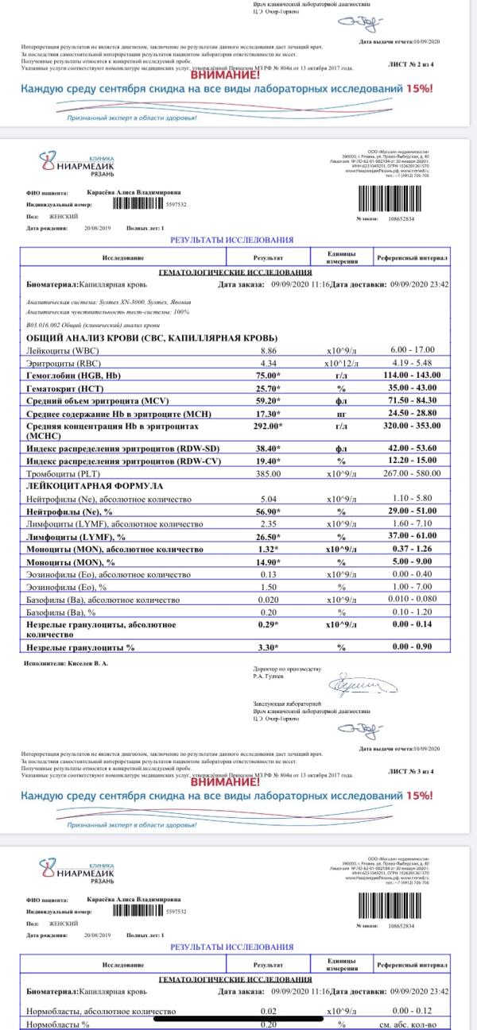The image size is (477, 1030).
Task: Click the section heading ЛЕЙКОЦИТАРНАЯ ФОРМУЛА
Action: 95,485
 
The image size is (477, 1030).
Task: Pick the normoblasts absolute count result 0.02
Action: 268,1011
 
